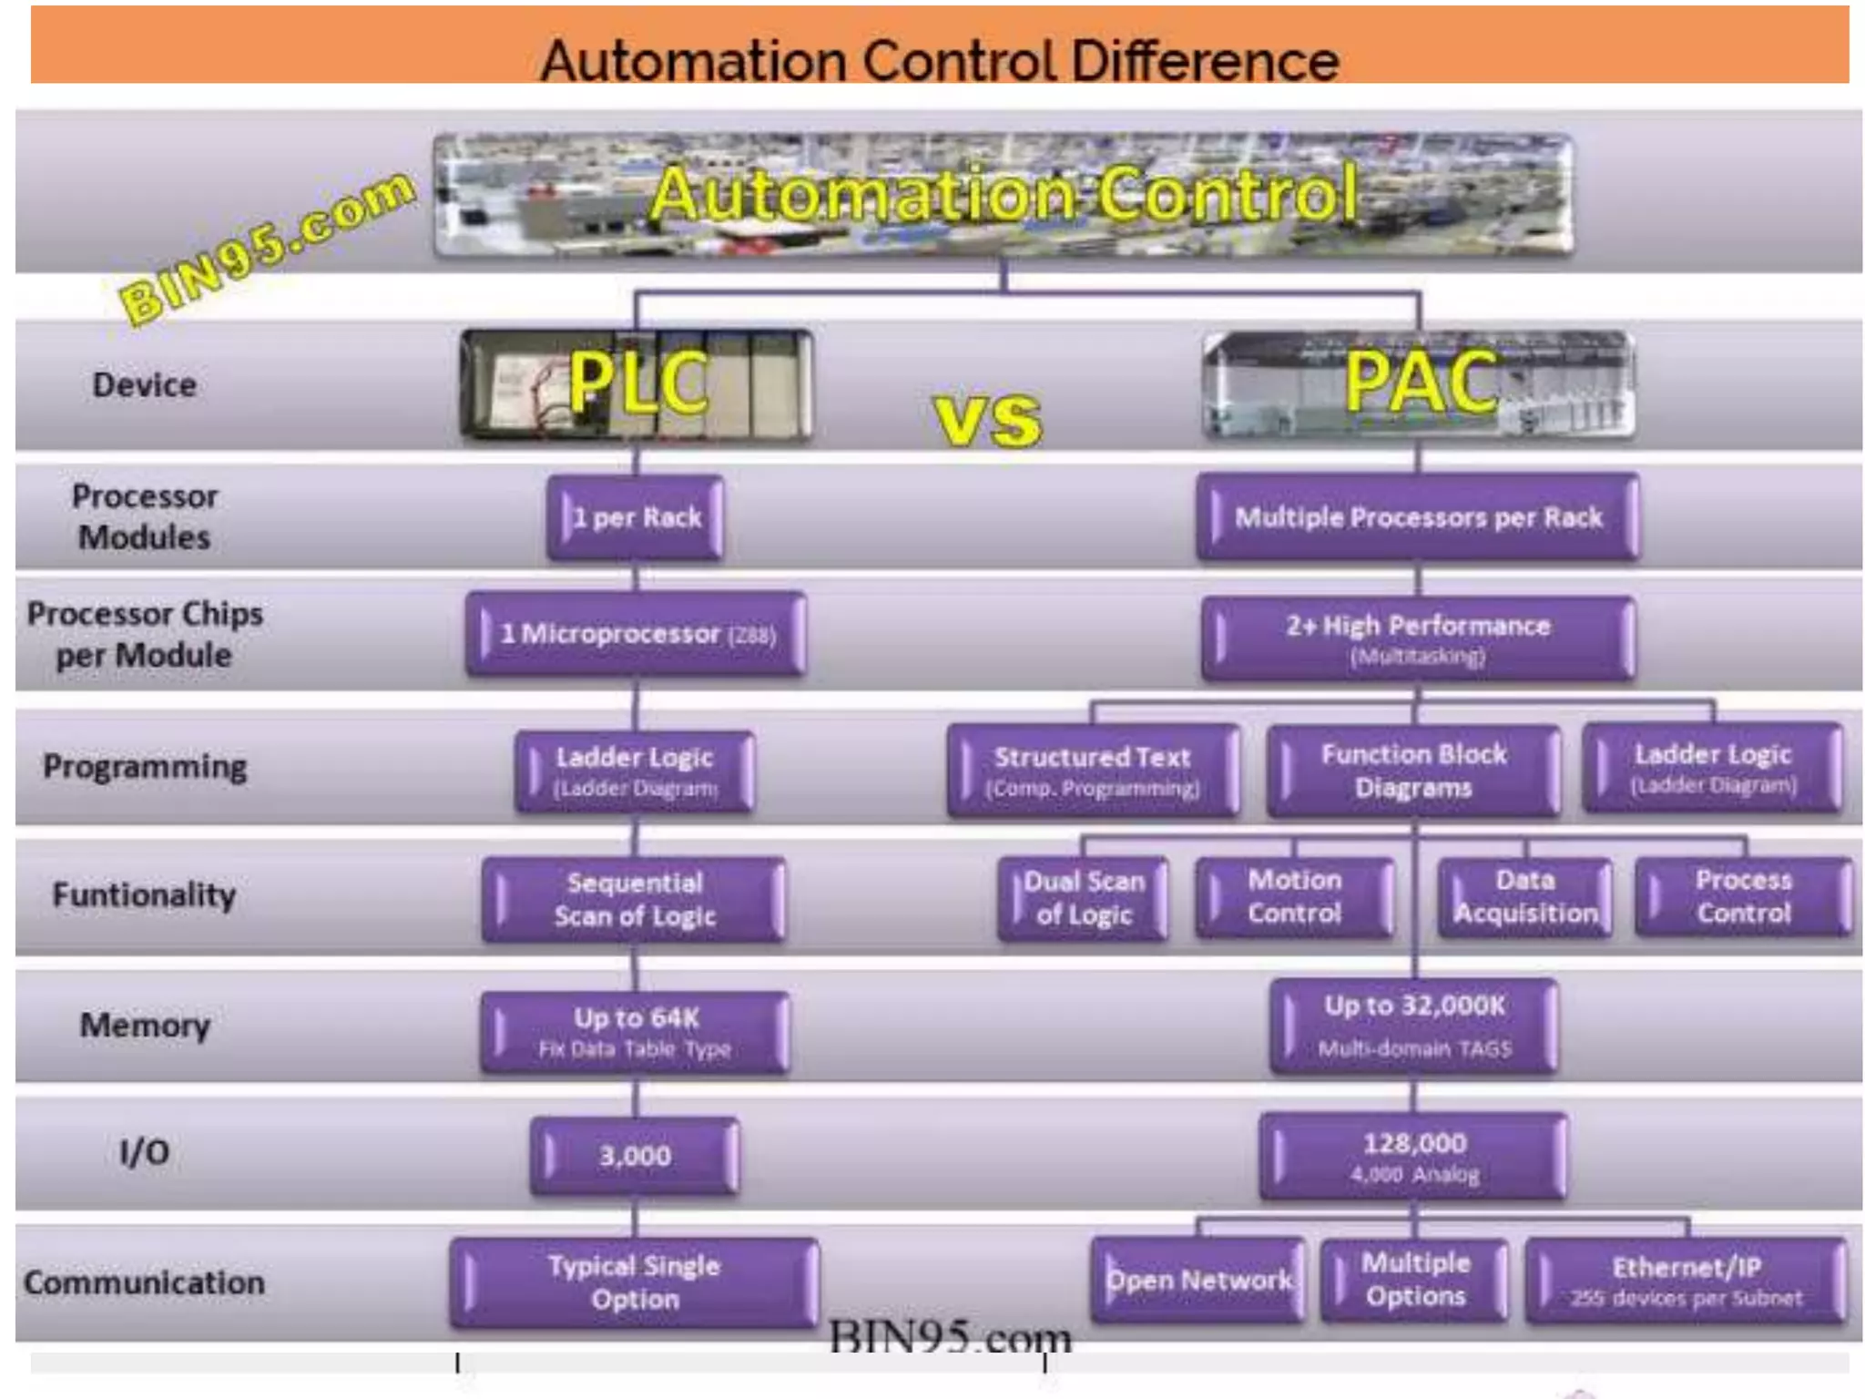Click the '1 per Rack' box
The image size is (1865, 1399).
tap(636, 517)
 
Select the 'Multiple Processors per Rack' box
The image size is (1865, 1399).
tap(1417, 517)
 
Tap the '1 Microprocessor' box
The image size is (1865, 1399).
tap(636, 634)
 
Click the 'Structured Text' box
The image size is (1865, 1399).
tap(1092, 770)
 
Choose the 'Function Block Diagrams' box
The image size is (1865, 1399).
tap(1413, 770)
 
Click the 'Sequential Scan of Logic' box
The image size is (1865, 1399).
tap(634, 898)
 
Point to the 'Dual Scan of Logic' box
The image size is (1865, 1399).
tap(1083, 897)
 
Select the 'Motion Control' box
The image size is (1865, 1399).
tap(1294, 896)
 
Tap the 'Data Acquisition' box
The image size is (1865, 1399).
tap(1525, 896)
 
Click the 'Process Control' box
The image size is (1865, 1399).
tap(1743, 896)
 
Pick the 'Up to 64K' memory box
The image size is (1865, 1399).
tap(635, 1031)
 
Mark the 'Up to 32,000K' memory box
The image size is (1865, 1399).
tap(1413, 1026)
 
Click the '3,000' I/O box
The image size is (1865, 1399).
tap(635, 1155)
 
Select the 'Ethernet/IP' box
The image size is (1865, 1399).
tap(1686, 1280)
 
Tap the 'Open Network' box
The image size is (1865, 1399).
tap(1198, 1280)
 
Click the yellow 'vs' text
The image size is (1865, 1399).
tap(988, 419)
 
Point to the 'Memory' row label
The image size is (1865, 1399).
tap(145, 1026)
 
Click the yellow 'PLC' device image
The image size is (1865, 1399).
tap(637, 385)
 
